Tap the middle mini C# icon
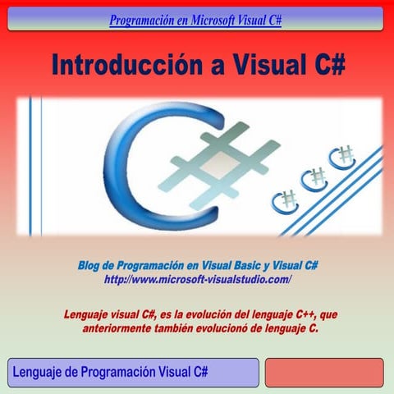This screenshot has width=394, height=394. (x=314, y=177)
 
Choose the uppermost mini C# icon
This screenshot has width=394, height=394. (x=341, y=155)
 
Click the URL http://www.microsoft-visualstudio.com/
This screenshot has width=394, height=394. (x=198, y=280)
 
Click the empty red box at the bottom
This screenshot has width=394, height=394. (x=323, y=372)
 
